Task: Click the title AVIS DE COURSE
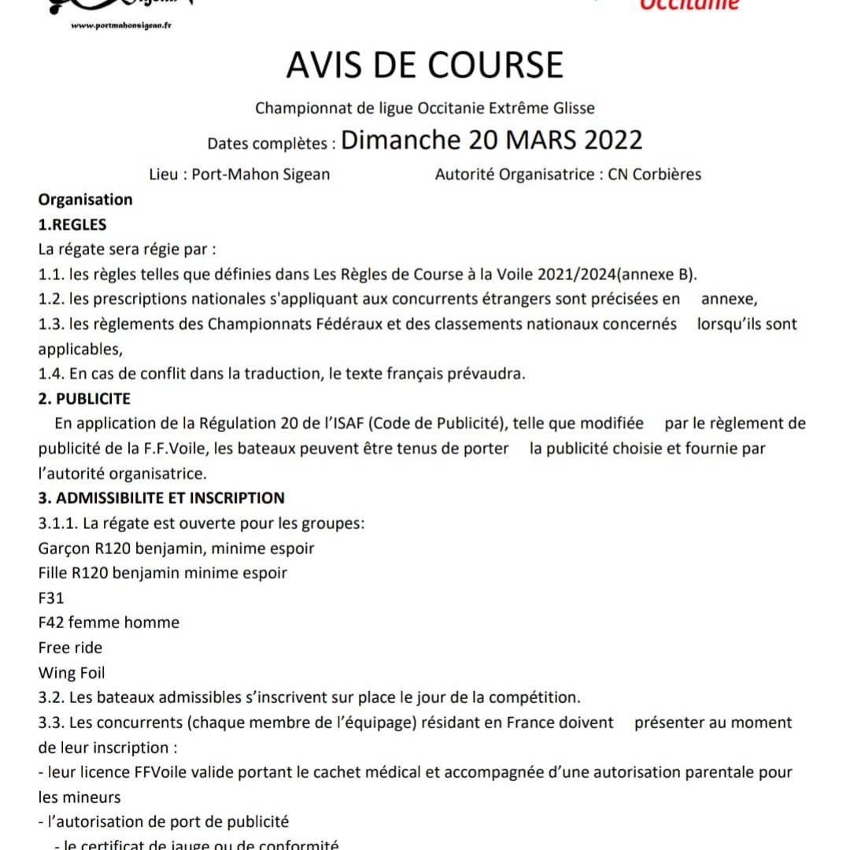pyautogui.click(x=425, y=65)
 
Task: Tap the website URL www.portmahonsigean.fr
pyautogui.click(x=122, y=24)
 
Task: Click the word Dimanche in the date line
pyautogui.click(x=401, y=140)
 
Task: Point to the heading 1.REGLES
pyautogui.click(x=72, y=224)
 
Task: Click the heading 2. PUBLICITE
pyautogui.click(x=84, y=398)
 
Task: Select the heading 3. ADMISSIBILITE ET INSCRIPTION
pyautogui.click(x=161, y=497)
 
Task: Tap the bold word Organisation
pyautogui.click(x=86, y=199)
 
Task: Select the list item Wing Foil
pyautogui.click(x=72, y=673)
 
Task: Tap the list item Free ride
pyautogui.click(x=70, y=648)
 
